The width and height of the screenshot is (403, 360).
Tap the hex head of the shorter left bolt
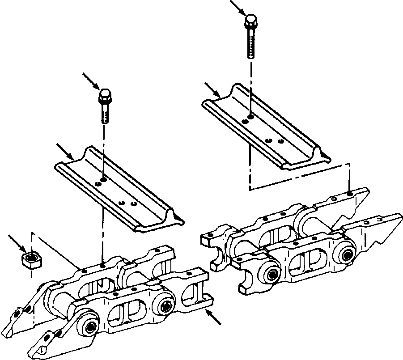point(105,95)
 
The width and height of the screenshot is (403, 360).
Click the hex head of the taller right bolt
point(251,21)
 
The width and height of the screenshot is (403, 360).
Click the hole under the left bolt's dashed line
point(103,180)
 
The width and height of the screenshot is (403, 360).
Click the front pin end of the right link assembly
point(271,274)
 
